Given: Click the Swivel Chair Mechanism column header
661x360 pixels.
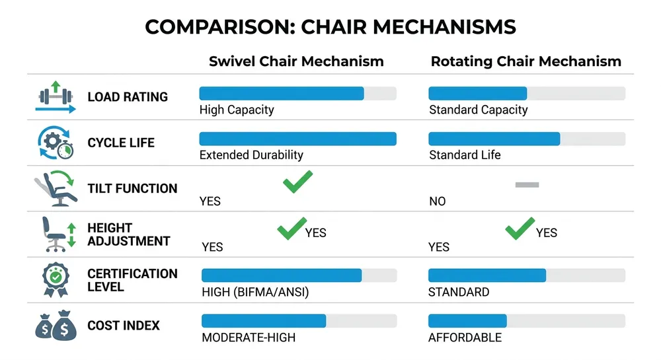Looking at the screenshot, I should coord(296,61).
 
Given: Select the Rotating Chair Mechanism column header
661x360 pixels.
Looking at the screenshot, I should coord(525,61).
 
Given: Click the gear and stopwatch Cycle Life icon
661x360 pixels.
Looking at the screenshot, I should coord(56,143).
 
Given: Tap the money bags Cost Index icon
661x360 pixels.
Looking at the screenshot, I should coord(55,326).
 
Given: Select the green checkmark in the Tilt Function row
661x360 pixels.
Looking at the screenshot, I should coord(297,182).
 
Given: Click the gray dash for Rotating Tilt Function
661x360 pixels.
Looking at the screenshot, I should coord(527,185).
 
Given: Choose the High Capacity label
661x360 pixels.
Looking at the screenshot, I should coord(237,110).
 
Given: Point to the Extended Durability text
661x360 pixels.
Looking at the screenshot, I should coord(251,155).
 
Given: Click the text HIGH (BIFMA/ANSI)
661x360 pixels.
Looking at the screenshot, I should coord(255,292).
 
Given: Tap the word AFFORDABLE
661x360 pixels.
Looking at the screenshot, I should coord(465,338).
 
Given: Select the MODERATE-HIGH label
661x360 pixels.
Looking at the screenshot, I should coord(249,338).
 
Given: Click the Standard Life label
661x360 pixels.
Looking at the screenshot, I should coord(465,155).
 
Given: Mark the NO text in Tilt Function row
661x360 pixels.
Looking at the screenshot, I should coord(437,201).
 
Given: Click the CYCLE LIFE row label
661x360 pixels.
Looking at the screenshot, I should coord(121,143).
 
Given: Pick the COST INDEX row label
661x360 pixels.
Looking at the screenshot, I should coord(124,326).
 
